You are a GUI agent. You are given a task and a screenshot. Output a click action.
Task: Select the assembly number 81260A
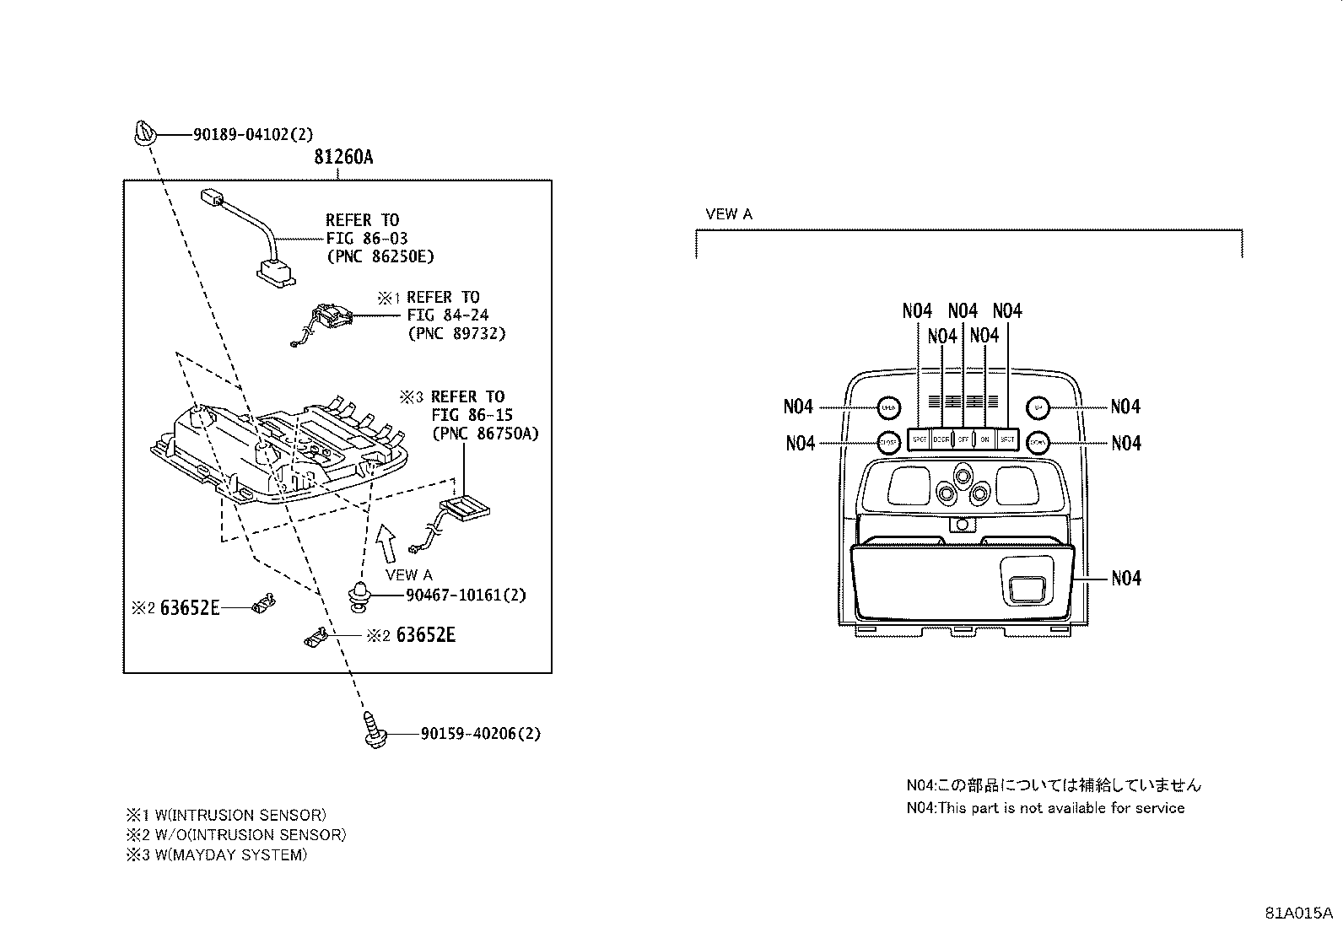click(342, 157)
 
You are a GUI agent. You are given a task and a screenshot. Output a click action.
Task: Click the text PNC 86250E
click(380, 256)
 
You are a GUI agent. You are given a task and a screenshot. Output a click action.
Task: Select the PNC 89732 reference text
click(456, 333)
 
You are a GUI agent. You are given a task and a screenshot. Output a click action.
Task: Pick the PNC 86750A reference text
click(484, 434)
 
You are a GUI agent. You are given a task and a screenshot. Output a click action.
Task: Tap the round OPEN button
click(887, 407)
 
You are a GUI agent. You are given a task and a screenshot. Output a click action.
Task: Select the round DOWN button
click(1038, 441)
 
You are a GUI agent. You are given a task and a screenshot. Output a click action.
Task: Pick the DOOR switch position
click(941, 439)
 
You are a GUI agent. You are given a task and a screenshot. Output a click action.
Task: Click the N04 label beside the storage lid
click(1125, 579)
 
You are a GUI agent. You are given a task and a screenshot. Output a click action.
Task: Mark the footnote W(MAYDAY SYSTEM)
click(217, 855)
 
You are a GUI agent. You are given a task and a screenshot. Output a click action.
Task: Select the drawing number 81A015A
click(1297, 914)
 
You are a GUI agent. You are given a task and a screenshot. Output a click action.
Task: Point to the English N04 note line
click(1045, 808)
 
